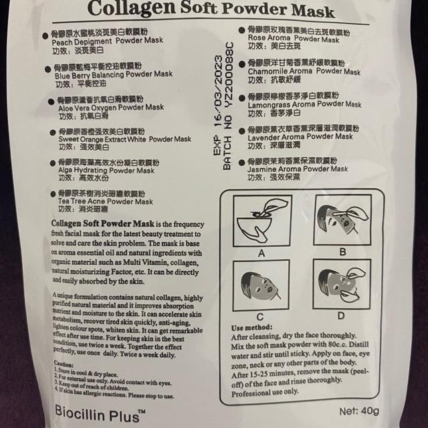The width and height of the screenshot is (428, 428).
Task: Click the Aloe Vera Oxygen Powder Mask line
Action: click(x=108, y=107)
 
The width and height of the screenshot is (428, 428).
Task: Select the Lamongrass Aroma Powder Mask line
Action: click(x=304, y=105)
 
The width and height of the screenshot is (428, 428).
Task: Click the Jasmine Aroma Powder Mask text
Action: click(x=298, y=169)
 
